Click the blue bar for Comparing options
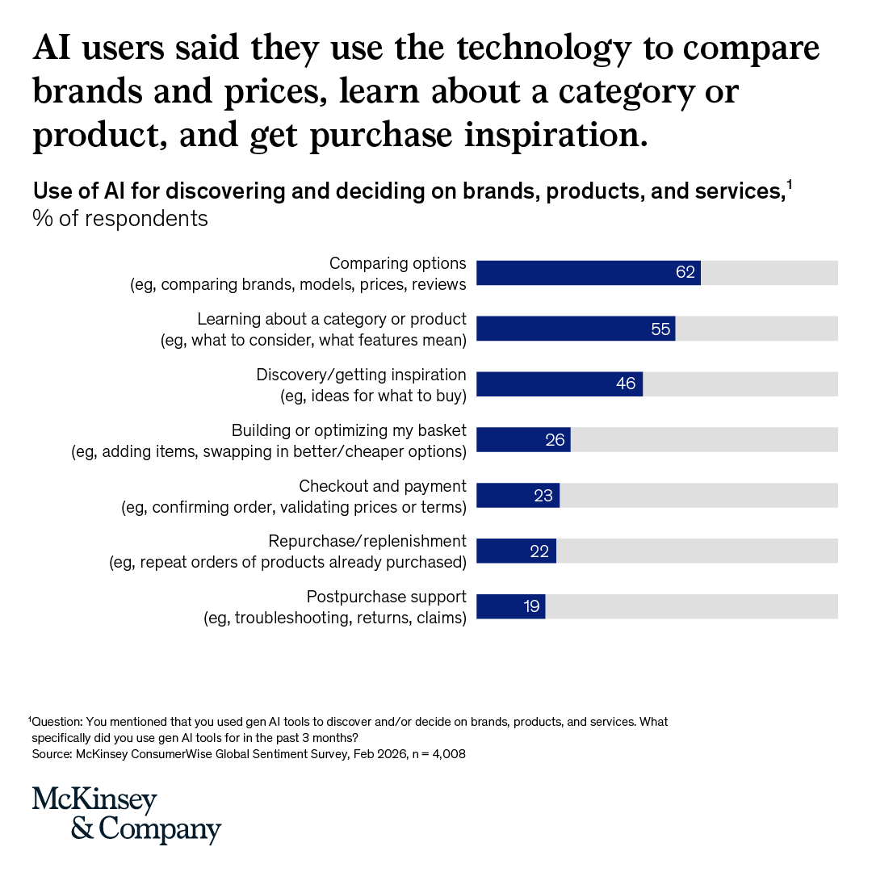pos(588,273)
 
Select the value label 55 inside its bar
pos(660,329)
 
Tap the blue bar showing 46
pos(559,384)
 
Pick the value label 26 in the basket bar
pos(555,440)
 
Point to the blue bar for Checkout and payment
pos(518,496)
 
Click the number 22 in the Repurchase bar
pos(539,551)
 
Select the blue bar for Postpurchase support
pos(510,607)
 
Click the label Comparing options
pos(397,263)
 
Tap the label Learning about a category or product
pos(332,319)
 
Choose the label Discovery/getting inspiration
pos(361,375)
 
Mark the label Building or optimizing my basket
pos(349,430)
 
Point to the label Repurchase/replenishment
pos(367,541)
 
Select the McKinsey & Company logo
pos(127,815)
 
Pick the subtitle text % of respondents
pos(120,218)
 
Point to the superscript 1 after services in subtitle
pos(789,186)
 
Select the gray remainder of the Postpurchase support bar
pos(691,607)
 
